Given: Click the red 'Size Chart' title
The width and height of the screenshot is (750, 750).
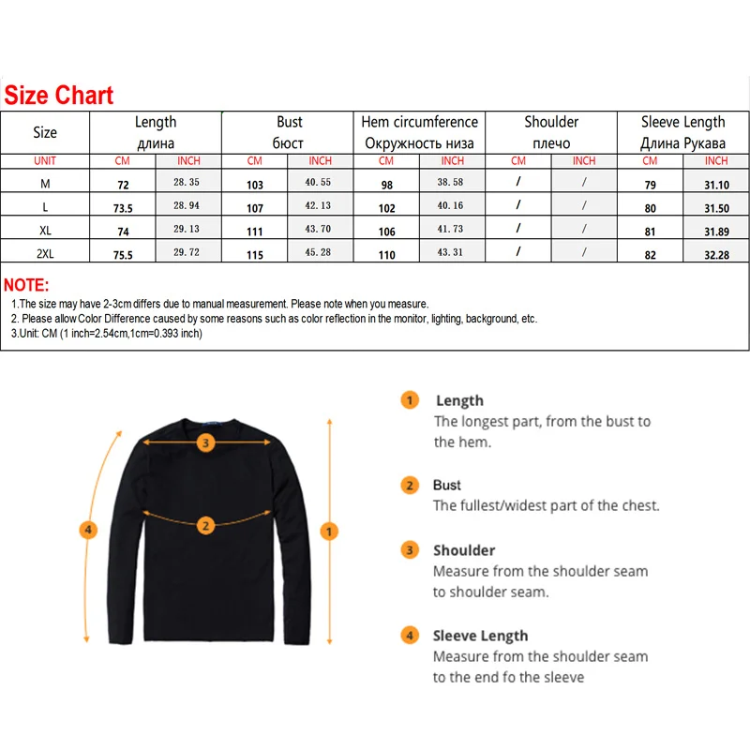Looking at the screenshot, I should pos(58,95).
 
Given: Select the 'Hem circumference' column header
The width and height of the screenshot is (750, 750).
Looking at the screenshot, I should pos(419,122).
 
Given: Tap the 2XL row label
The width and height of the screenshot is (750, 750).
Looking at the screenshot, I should pos(45,254).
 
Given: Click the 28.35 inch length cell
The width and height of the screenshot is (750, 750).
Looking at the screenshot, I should pos(187,184).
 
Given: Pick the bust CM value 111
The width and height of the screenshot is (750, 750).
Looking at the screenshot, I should pos(255,232).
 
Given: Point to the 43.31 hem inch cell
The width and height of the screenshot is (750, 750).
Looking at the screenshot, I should pos(451,254).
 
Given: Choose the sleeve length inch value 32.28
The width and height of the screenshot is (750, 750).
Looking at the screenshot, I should pos(716,254).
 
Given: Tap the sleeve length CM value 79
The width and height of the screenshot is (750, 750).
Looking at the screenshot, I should pos(650,185).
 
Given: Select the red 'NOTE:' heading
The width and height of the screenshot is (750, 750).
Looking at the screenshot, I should pos(26,285).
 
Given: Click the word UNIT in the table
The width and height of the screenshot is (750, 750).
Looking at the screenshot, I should pos(45,161).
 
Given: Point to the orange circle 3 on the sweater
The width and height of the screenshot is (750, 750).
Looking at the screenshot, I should pos(206,442).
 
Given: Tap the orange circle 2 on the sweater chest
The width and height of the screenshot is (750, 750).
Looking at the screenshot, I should pos(206,524).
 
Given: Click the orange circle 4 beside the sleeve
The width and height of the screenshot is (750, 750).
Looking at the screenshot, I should pos(87,531).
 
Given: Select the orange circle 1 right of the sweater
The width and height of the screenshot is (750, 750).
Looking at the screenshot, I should pos(329,532).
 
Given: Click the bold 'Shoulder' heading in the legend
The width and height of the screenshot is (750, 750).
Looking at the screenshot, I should pos(463,550).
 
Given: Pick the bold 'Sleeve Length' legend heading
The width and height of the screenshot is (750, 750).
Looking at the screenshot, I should pos(480,636).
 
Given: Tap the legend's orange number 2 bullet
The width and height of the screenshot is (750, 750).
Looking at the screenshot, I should pos(410,486).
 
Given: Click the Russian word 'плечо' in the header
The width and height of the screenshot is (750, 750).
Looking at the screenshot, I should pos(551,143).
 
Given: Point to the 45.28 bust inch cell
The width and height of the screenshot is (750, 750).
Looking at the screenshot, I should pos(320,254).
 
